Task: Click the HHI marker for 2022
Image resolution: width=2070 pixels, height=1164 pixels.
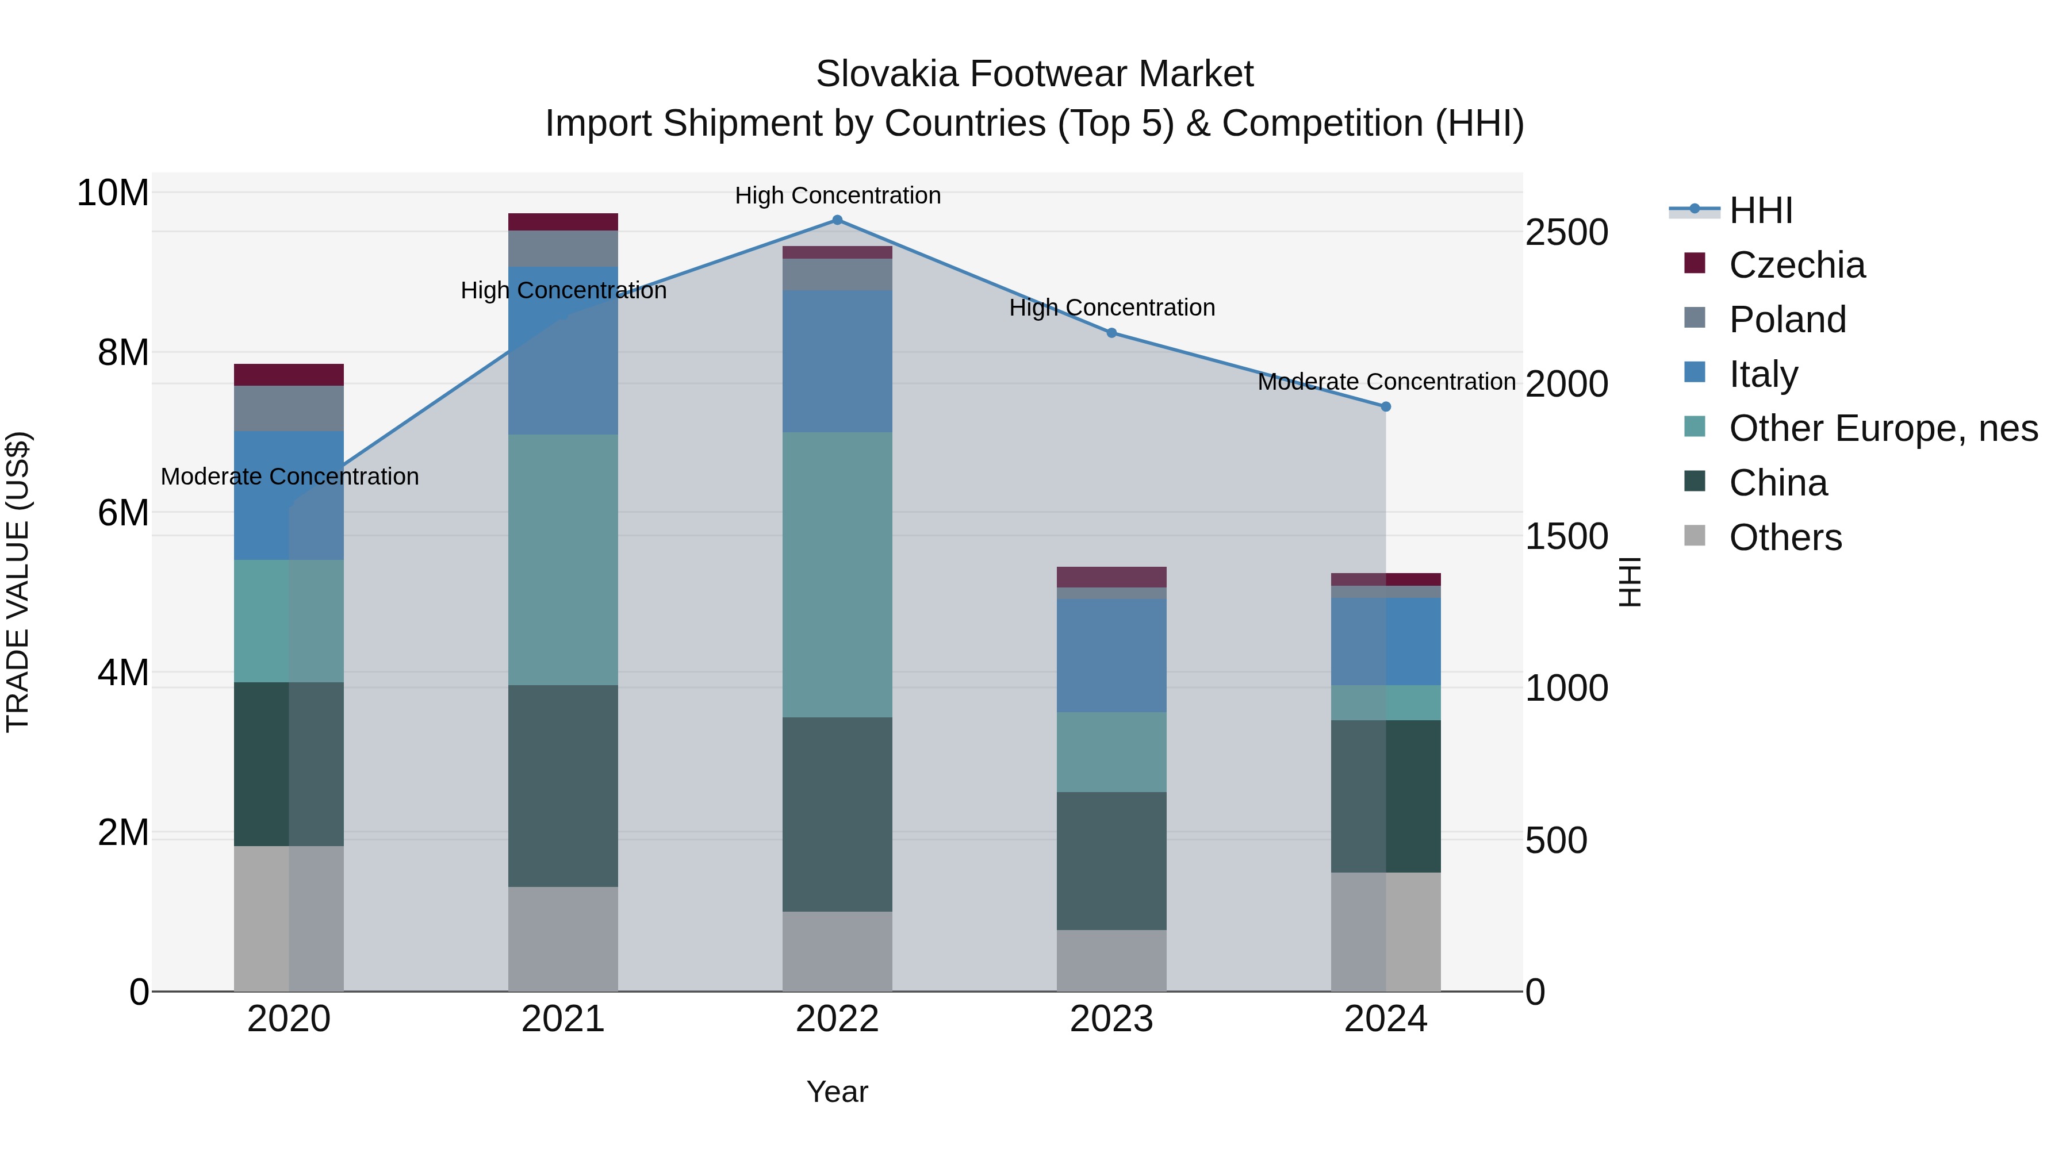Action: pyautogui.click(x=837, y=220)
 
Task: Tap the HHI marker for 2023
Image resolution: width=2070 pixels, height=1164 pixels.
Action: pyautogui.click(x=1111, y=333)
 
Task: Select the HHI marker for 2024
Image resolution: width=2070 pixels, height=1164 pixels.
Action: pyautogui.click(x=1385, y=406)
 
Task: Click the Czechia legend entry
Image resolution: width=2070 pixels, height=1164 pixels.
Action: pyautogui.click(x=1797, y=265)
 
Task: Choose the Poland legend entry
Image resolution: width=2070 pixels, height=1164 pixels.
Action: pyautogui.click(x=1787, y=320)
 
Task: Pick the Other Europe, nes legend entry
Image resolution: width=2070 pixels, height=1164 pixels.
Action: pyautogui.click(x=1883, y=428)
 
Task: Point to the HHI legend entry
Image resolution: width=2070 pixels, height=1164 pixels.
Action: pyautogui.click(x=1761, y=210)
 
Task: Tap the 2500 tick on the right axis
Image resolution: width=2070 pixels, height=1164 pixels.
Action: pyautogui.click(x=1566, y=233)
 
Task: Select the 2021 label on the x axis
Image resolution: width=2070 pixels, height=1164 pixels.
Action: pyautogui.click(x=562, y=1019)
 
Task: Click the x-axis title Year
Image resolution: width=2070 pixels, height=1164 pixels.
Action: pyautogui.click(x=837, y=1092)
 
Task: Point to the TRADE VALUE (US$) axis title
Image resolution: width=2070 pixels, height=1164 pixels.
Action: pyautogui.click(x=18, y=582)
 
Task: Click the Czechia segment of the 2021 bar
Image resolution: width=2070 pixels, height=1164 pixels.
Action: pyautogui.click(x=562, y=222)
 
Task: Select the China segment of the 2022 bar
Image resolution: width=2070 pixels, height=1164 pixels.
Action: pyautogui.click(x=837, y=814)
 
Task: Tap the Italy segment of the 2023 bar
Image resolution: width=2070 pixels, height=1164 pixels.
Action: pyautogui.click(x=1111, y=655)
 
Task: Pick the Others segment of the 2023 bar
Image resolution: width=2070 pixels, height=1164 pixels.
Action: pyautogui.click(x=1111, y=960)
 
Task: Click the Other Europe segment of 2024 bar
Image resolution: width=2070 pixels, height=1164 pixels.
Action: pyautogui.click(x=1385, y=703)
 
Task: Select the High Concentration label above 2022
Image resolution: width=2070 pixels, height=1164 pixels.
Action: pyautogui.click(x=837, y=195)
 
